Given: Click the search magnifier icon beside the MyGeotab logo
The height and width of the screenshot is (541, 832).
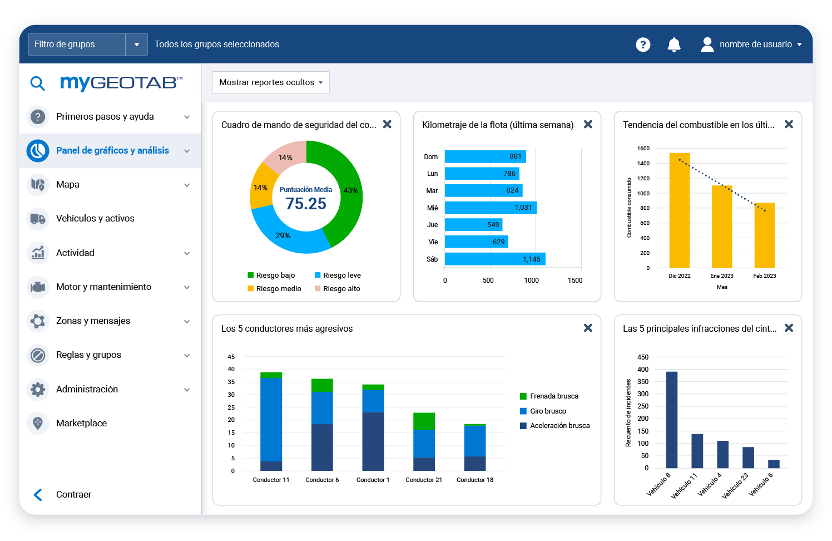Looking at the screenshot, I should click(x=37, y=83).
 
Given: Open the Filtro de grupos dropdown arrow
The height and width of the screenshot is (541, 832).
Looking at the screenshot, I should click(x=136, y=45).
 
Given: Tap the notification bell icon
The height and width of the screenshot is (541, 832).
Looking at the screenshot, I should click(x=673, y=45).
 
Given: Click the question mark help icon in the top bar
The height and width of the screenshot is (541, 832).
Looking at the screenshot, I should click(x=643, y=45).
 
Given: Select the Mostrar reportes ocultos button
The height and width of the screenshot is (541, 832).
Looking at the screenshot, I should click(x=271, y=82).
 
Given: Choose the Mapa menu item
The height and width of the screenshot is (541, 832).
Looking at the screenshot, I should click(x=68, y=184).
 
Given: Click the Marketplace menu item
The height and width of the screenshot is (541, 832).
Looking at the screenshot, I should click(x=81, y=423).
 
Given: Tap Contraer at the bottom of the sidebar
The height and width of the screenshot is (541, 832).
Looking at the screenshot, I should click(x=73, y=494).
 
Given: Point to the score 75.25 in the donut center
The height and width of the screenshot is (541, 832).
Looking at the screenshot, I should click(x=306, y=204).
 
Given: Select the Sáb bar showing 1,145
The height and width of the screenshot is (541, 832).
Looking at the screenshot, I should click(x=495, y=259).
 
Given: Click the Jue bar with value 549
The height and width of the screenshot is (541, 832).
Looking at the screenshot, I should click(x=473, y=224).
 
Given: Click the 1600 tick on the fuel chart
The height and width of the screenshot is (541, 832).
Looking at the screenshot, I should click(x=643, y=149).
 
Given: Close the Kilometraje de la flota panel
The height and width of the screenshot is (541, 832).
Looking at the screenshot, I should click(x=588, y=125).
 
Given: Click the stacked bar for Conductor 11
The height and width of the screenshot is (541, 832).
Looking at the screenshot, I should click(x=271, y=421).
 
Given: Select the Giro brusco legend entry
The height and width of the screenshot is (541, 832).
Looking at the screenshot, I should click(x=547, y=411).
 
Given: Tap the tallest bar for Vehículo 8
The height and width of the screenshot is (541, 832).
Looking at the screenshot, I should click(x=671, y=420).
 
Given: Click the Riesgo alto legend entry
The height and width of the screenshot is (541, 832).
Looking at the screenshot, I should click(x=341, y=288).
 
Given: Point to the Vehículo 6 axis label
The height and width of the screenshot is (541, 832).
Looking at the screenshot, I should click(x=760, y=484).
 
